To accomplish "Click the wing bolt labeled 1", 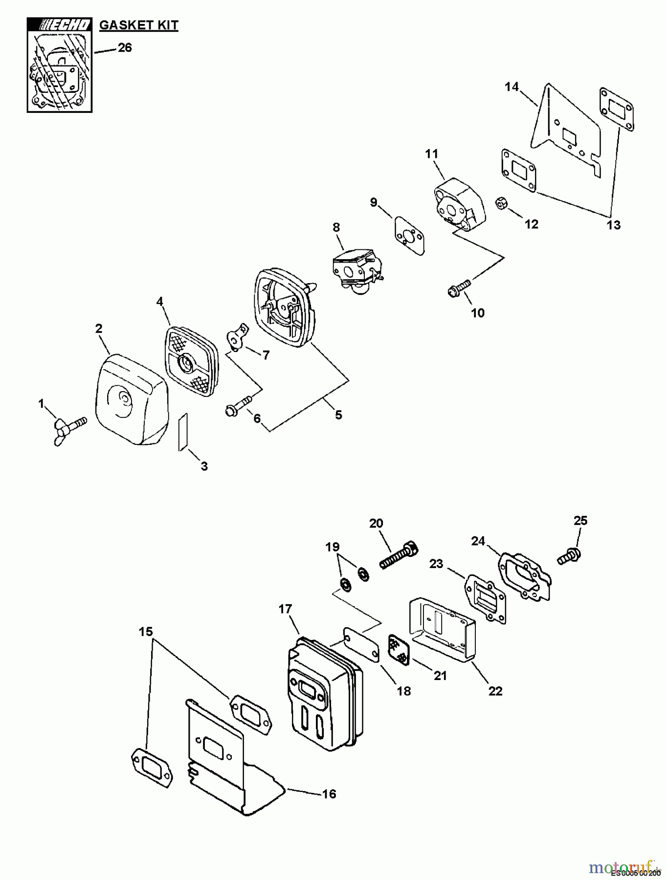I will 70,428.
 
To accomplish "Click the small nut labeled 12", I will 501,203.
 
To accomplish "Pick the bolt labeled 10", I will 459,287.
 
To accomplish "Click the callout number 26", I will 125,47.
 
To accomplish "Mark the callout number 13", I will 613,225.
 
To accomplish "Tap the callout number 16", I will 329,793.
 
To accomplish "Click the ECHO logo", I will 60,25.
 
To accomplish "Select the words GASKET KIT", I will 139,25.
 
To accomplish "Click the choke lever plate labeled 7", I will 236,338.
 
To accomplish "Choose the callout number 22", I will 495,691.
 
